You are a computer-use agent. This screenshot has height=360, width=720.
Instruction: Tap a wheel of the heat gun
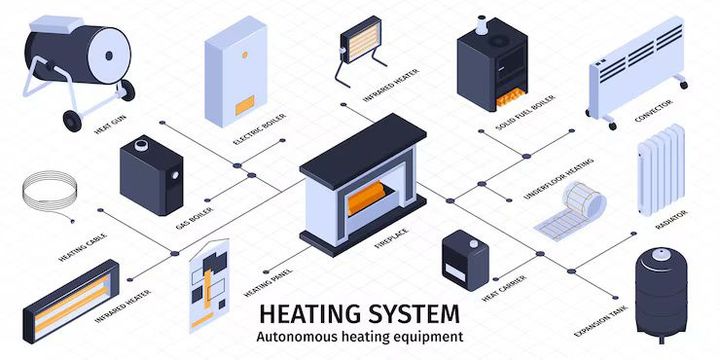[71, 121]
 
